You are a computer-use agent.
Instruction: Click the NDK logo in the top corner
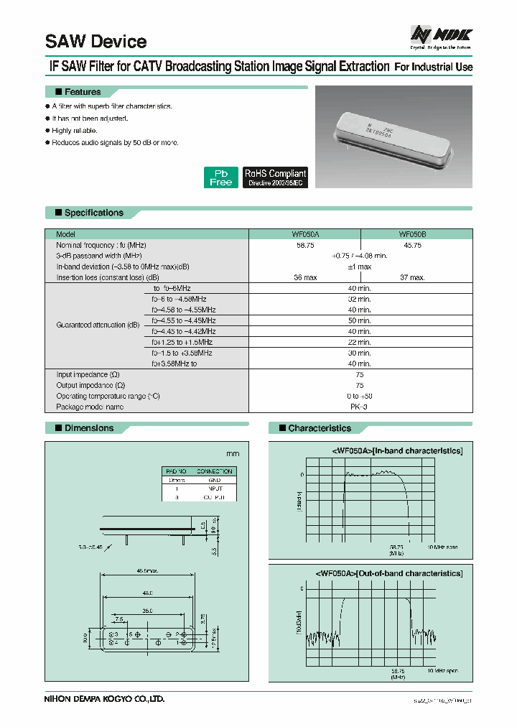tap(441, 34)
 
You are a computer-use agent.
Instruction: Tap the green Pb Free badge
tap(220, 177)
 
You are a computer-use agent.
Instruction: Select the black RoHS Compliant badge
tap(275, 177)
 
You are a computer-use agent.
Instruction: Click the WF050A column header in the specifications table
tap(305, 234)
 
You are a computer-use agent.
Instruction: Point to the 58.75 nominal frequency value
tap(305, 245)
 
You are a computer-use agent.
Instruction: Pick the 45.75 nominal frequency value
tap(413, 245)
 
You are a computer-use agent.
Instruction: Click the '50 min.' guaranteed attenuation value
tap(359, 320)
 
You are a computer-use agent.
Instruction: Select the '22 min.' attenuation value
tap(359, 342)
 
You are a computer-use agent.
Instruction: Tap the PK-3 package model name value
tap(359, 407)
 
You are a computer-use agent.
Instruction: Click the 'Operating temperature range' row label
tap(108, 396)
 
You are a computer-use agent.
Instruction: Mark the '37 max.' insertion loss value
tap(413, 277)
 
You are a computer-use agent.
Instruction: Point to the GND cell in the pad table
tap(215, 480)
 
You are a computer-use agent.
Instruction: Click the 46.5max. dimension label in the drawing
tap(148, 572)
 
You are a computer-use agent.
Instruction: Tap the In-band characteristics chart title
tap(397, 450)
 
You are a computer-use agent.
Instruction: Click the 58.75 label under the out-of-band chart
tap(398, 670)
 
